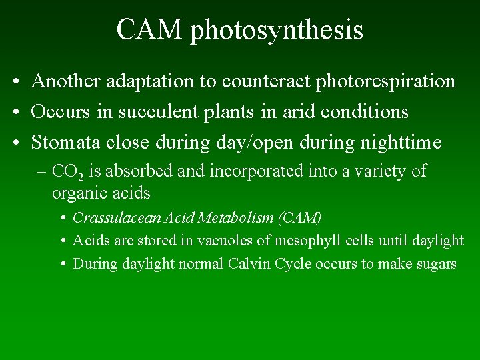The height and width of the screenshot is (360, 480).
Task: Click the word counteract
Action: click(257, 82)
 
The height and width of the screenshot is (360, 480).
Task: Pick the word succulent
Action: click(155, 112)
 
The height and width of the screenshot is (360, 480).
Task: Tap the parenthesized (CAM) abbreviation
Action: click(300, 218)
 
